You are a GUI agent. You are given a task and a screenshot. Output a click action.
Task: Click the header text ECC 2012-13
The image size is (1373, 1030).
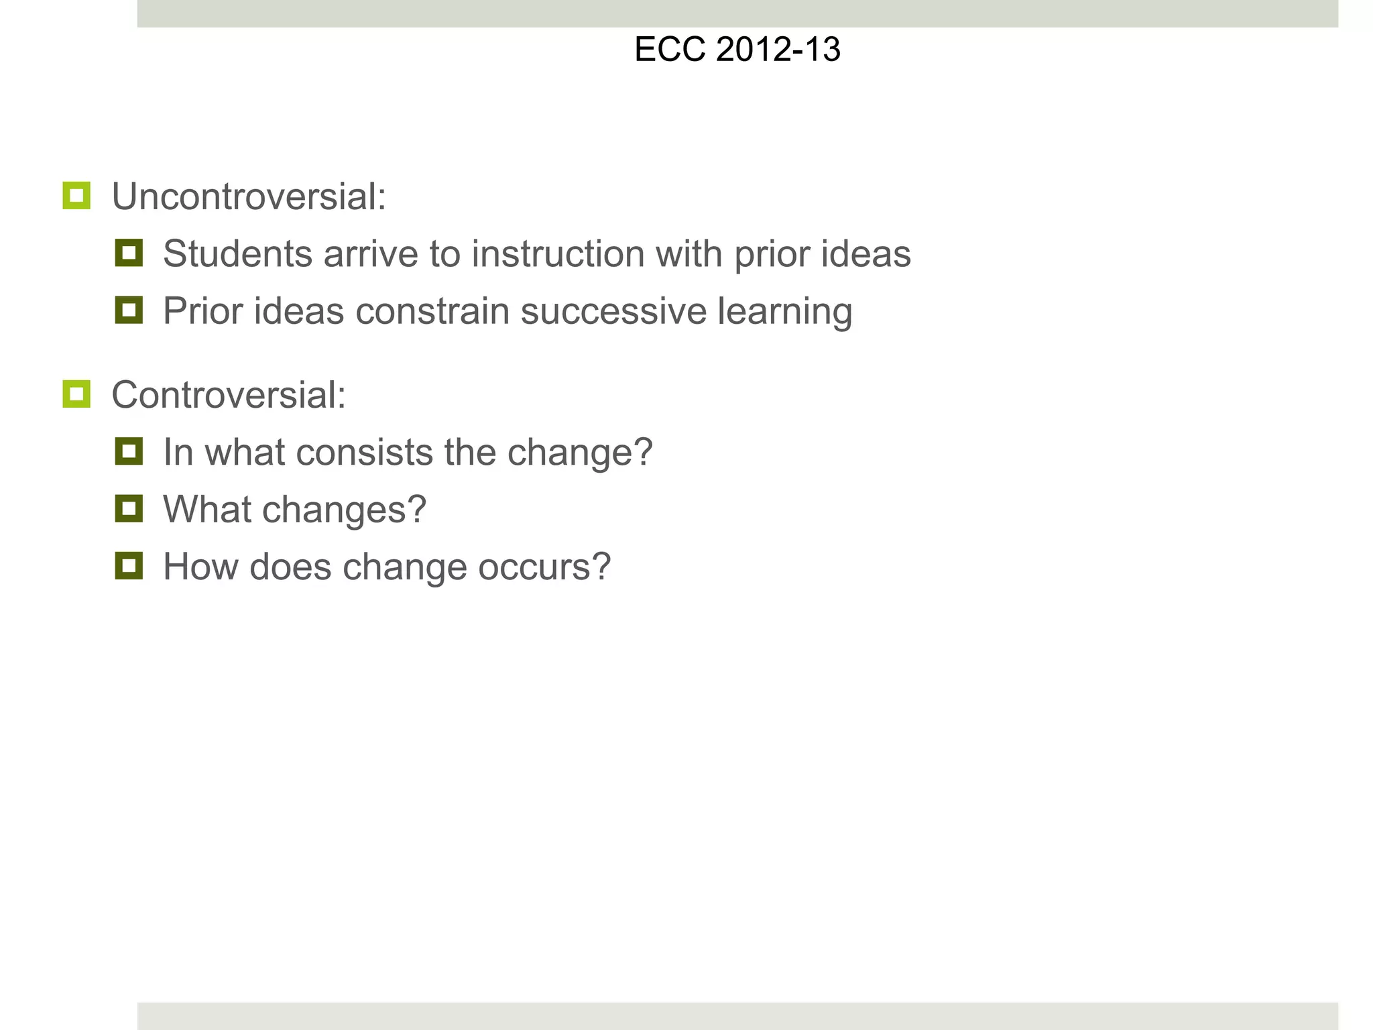737,50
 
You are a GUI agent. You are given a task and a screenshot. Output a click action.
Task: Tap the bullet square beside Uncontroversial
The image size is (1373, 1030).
76,196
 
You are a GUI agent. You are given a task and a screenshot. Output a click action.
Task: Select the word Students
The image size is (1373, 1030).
237,254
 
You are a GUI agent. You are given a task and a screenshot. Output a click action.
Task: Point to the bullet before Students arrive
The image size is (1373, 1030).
129,253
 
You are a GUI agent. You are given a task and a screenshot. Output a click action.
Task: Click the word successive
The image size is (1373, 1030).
613,311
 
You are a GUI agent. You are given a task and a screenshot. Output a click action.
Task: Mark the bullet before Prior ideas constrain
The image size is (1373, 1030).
129,310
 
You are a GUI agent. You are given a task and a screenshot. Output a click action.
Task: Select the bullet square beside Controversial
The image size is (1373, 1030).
76,394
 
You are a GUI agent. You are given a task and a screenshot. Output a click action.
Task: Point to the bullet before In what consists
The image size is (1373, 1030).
129,451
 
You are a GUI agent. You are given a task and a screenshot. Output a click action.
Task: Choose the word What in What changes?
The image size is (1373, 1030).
206,509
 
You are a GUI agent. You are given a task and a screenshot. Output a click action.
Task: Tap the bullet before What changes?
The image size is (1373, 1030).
129,508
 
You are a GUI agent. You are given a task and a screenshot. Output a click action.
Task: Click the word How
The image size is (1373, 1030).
200,567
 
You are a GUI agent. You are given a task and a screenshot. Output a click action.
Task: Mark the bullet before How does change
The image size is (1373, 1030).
129,566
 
